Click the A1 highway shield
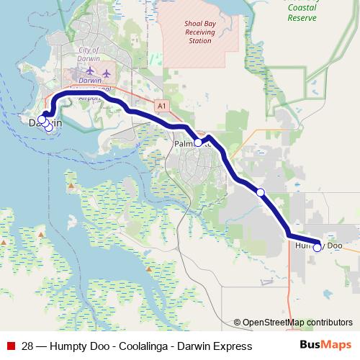161,106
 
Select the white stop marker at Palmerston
198,143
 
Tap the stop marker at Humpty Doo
317,248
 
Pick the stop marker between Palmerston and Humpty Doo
261,192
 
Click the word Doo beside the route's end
333,246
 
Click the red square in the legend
10,346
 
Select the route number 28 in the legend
28,346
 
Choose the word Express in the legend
232,346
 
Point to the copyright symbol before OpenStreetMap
238,323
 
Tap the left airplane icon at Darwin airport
90,71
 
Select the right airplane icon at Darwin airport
107,72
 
